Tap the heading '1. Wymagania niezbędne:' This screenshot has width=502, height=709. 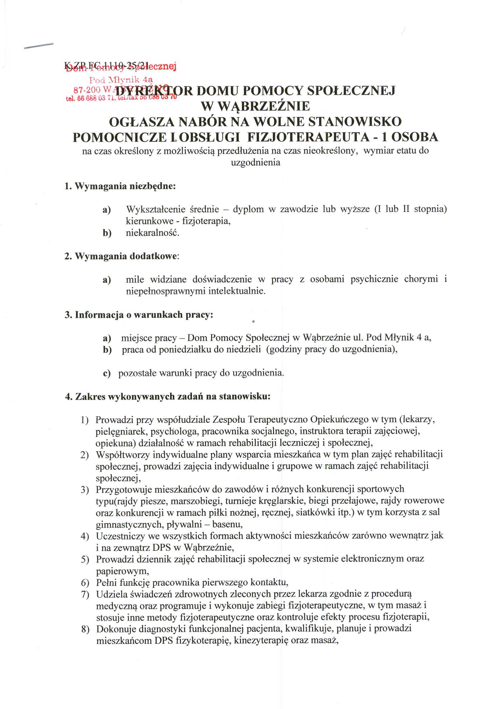tap(120, 187)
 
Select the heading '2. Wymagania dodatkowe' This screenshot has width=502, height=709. tap(121, 256)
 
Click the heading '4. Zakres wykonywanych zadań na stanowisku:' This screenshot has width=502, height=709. tap(168, 397)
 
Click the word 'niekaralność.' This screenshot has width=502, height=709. tap(152, 233)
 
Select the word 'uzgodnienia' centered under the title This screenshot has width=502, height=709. tap(256, 163)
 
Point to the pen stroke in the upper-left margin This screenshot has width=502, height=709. tap(39, 46)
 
